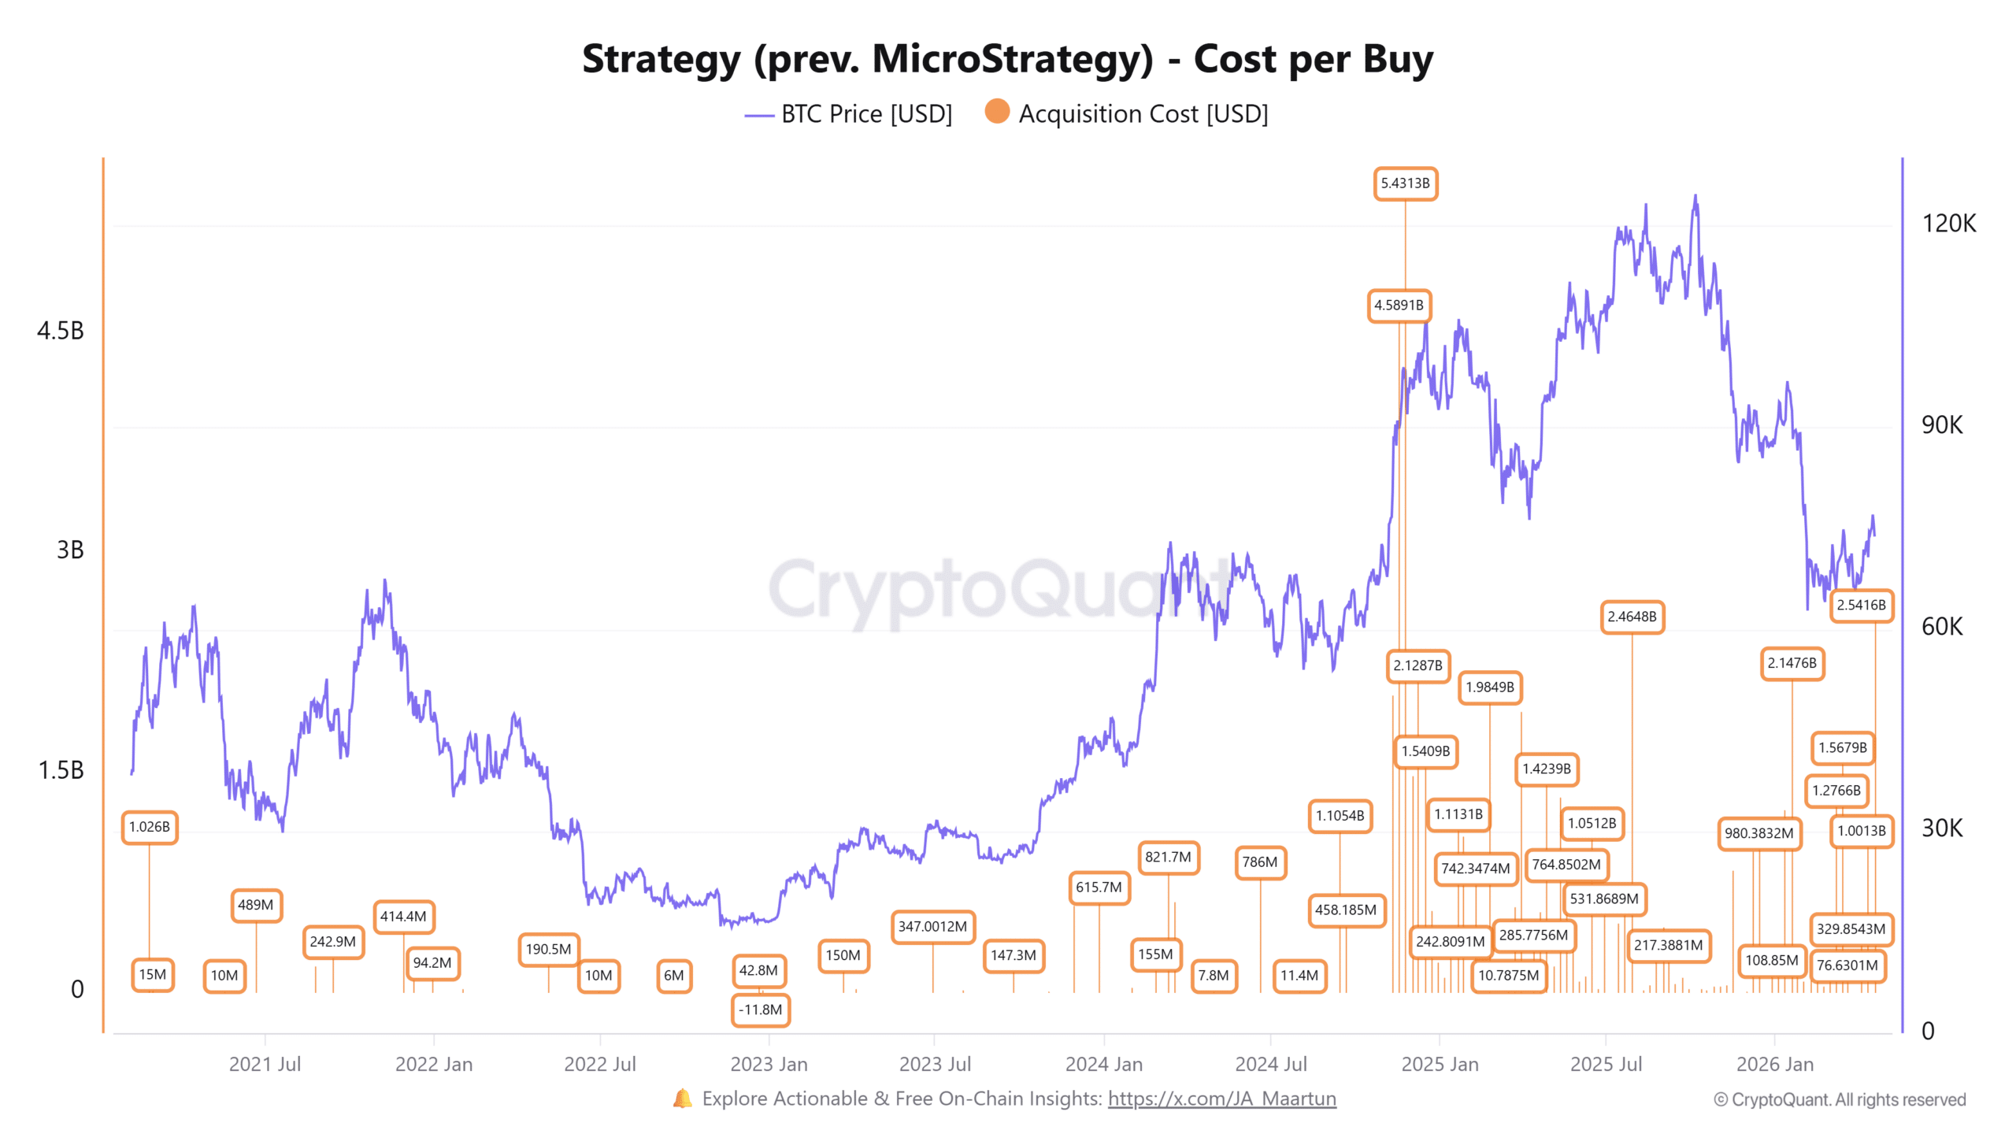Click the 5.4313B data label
[1405, 183]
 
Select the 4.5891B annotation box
[1399, 306]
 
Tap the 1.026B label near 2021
[149, 827]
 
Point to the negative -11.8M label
[760, 1010]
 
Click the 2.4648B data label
[1632, 617]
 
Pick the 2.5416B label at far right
[1861, 605]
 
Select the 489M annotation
[255, 905]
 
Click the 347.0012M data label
[932, 926]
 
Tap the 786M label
[1259, 862]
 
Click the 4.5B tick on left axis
[60, 331]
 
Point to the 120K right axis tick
[1948, 224]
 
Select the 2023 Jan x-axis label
[769, 1064]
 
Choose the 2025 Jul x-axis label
[1606, 1064]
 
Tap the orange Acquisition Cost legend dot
[997, 112]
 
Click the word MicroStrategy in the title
[1012, 59]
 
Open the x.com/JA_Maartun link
[1221, 1099]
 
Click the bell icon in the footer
[683, 1099]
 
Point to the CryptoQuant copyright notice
[1840, 1099]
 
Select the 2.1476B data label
[1792, 663]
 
